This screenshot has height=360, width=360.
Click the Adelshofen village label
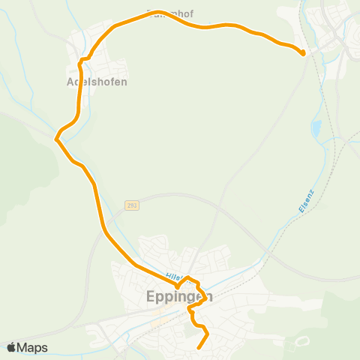97,82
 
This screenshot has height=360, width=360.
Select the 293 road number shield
132,205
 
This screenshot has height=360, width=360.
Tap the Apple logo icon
11,347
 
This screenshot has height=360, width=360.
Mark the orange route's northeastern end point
302,53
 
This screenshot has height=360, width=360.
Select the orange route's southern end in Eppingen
199,348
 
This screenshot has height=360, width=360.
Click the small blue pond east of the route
316,129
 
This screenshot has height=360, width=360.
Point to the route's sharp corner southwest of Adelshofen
56,137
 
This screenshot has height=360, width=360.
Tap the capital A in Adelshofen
70,82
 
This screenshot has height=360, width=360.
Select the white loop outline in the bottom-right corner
303,342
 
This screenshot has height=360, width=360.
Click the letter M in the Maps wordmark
22,347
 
